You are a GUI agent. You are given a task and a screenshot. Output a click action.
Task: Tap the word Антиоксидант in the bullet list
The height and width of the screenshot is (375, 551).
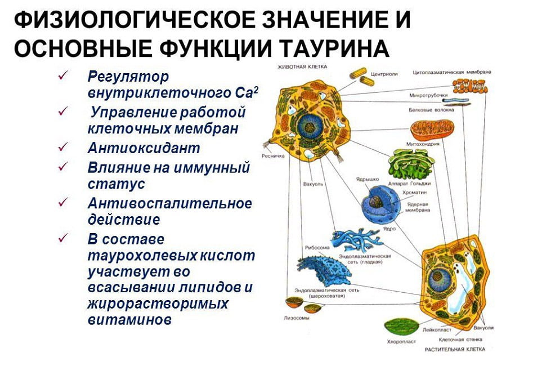pos(144,149)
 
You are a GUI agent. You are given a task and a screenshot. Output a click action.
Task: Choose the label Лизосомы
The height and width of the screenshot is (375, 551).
pos(298,318)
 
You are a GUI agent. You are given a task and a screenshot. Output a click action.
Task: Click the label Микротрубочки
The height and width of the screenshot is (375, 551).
pos(428,96)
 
